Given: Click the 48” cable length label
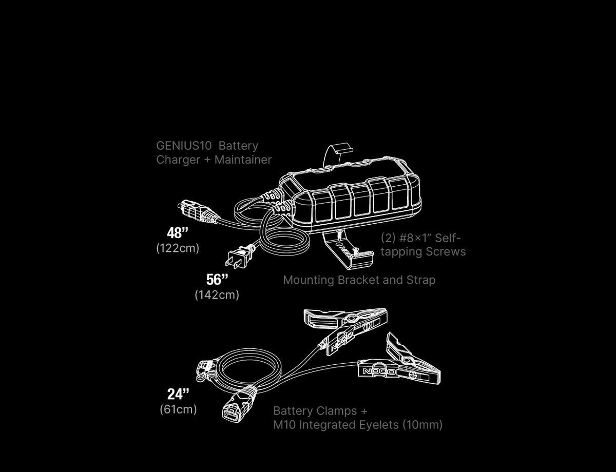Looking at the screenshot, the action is (178, 233).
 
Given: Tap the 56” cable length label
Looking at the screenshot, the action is (217, 280).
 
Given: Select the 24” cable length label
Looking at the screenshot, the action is (178, 394).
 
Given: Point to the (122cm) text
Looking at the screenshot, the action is (178, 248).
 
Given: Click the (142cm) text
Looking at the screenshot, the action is (217, 295).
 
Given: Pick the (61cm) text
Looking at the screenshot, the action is (178, 409).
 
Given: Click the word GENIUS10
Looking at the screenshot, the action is (184, 146).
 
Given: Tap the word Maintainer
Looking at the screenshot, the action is (243, 160).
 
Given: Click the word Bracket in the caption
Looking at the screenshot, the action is (358, 280).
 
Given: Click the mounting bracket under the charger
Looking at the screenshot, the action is (349, 249).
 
